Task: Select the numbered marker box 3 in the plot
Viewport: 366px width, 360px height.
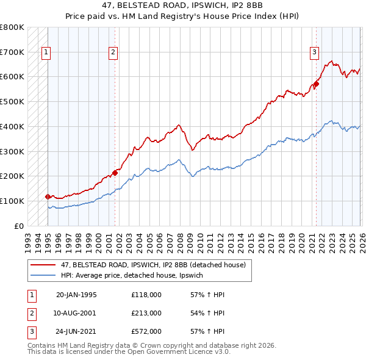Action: click(314, 53)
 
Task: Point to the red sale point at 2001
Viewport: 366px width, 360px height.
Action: click(115, 173)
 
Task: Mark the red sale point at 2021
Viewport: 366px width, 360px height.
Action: click(316, 84)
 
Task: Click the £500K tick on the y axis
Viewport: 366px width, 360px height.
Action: click(12, 101)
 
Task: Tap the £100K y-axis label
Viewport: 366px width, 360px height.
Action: click(12, 201)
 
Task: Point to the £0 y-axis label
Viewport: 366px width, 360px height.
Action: click(18, 226)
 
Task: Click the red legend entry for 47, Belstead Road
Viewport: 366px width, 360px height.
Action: click(152, 265)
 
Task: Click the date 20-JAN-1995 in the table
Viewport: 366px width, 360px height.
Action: click(76, 295)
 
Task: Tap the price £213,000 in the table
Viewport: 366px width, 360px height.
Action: click(146, 313)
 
